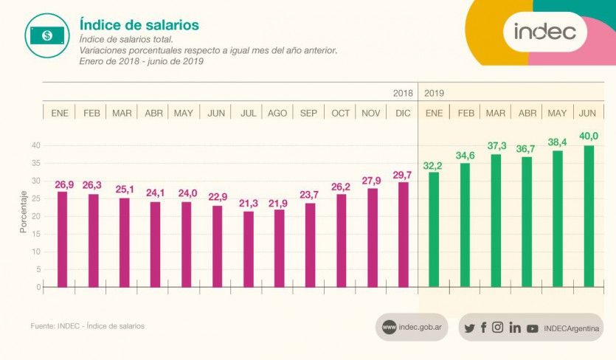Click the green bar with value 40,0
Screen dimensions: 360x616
point(589,216)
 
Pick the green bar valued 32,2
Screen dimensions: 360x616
point(434,229)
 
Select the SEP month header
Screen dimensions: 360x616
point(309,113)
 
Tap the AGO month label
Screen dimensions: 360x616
point(278,113)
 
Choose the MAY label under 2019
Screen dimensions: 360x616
point(557,113)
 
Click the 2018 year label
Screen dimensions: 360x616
point(403,94)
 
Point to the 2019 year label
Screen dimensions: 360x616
point(435,94)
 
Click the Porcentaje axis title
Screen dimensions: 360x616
point(24,212)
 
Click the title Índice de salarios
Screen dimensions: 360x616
point(139,25)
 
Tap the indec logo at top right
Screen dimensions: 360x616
point(544,32)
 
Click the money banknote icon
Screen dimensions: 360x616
point(46,35)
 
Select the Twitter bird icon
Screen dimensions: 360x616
point(470,328)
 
